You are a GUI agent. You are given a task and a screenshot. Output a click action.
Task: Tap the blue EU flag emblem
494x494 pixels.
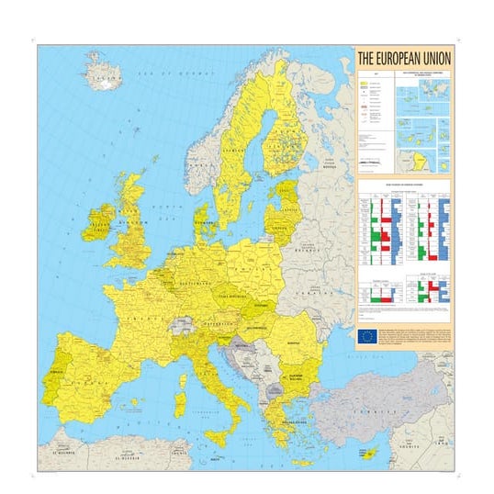(x=367, y=336)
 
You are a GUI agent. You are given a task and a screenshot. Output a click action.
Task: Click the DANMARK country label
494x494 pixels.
(x=202, y=223)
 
